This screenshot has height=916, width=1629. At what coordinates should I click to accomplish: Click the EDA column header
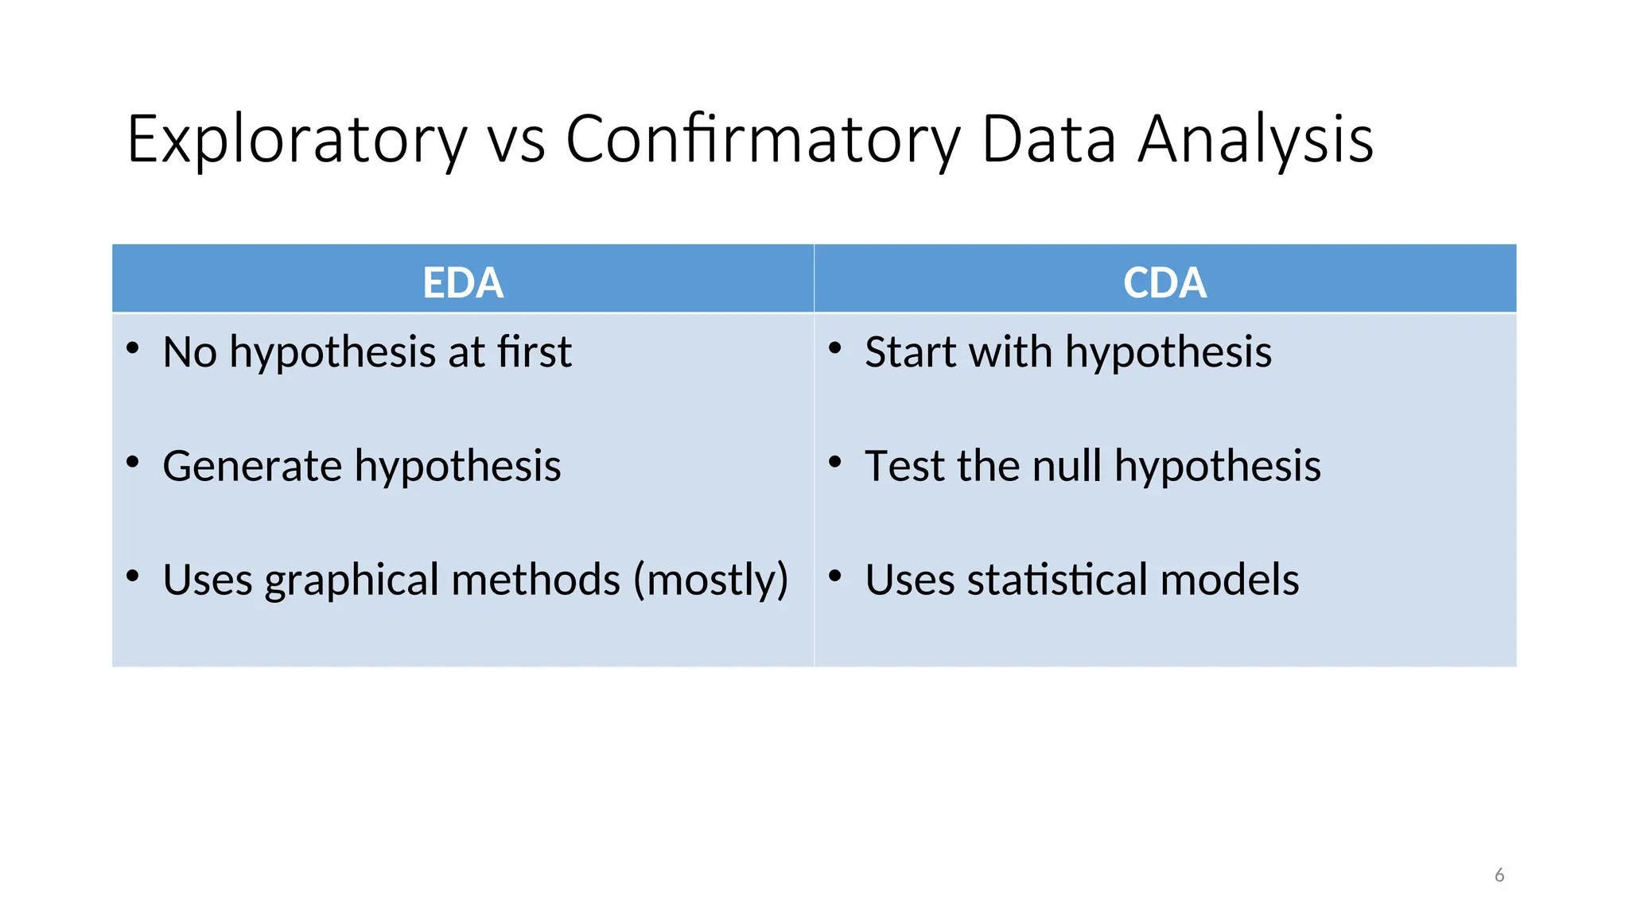(x=463, y=282)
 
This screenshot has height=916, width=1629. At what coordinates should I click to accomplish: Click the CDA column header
(x=1164, y=282)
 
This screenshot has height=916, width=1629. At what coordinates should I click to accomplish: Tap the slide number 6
(x=1499, y=875)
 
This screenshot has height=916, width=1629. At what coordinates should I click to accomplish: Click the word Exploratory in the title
(x=297, y=140)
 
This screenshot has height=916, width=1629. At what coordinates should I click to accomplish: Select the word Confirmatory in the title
(x=763, y=140)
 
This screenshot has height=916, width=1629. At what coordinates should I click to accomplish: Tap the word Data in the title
(x=1049, y=140)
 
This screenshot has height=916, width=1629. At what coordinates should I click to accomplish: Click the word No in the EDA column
(x=189, y=352)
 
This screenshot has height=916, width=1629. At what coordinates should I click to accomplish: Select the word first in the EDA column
(x=535, y=352)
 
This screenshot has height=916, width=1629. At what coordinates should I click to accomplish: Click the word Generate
(x=252, y=466)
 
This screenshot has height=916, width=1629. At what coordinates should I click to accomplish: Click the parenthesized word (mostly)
(x=710, y=580)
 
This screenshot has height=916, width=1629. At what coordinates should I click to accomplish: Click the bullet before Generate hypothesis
(x=133, y=462)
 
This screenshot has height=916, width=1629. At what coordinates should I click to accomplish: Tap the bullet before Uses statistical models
(x=835, y=576)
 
